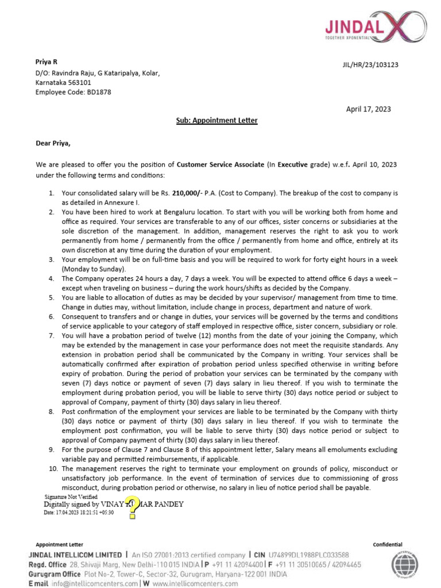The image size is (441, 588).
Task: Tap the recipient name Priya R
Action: coord(47,62)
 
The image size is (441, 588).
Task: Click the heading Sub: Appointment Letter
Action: coord(216,121)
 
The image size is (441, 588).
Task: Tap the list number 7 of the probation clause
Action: coord(51,335)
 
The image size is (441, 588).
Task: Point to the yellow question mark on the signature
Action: coord(133,506)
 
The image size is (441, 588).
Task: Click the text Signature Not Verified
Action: coord(71,497)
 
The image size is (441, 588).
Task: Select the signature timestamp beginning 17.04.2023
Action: coord(79,512)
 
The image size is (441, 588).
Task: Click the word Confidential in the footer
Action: coord(388,544)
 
